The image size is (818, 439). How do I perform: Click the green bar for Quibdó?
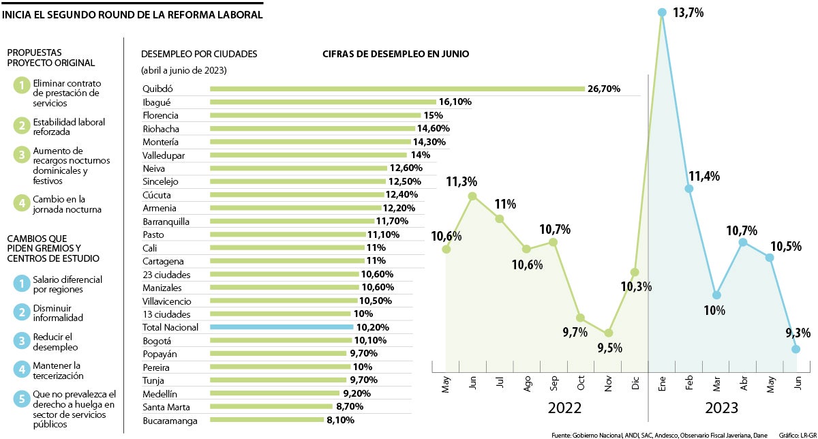tap(397, 89)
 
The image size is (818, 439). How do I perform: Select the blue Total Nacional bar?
tap(282, 327)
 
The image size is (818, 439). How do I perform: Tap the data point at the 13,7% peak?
tap(661, 12)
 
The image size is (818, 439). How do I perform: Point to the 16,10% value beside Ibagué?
tap(455, 102)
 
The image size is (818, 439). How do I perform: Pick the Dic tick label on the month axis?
tap(635, 384)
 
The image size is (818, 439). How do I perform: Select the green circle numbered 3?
tap(22, 154)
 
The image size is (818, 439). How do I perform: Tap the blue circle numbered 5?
tap(22, 399)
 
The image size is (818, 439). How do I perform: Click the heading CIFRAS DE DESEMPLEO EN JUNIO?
tap(395, 54)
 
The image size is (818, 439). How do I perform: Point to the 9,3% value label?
tap(798, 333)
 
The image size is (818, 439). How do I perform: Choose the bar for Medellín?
tap(274, 393)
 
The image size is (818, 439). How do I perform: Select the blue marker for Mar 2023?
tap(716, 295)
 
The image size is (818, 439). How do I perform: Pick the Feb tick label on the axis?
tap(690, 384)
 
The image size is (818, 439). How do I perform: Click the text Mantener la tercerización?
tap(58, 370)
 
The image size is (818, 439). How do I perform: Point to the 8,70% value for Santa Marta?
tap(353, 407)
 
